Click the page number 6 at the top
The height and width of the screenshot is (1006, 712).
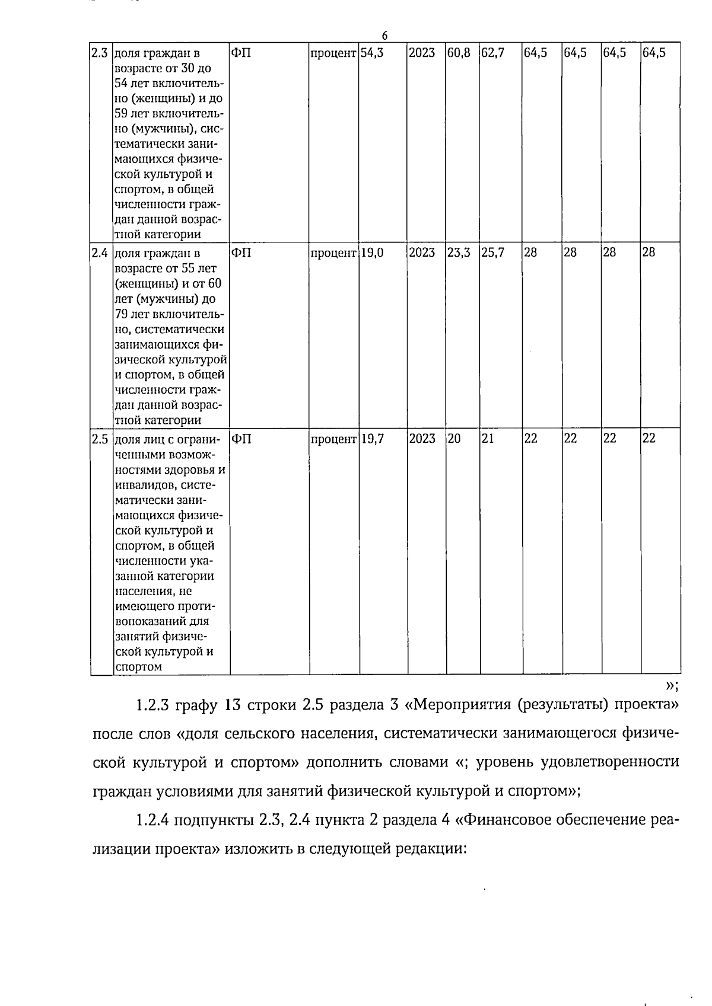coord(384,36)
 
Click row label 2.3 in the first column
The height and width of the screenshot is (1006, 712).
coord(98,52)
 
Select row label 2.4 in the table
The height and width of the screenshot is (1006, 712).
coord(98,253)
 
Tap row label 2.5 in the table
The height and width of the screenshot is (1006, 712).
coord(98,439)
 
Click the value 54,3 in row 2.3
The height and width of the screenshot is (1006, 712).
coord(372,52)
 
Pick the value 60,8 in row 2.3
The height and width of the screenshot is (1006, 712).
coord(459,52)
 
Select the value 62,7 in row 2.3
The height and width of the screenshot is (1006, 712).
coord(492,52)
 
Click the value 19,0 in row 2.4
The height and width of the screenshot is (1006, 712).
coord(372,253)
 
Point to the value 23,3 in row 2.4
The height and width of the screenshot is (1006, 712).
coord(459,253)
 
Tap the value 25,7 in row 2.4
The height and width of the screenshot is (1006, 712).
coord(492,253)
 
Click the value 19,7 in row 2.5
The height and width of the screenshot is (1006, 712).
coord(372,439)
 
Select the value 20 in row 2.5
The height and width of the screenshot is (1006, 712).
coord(454,439)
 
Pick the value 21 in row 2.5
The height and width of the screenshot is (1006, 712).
coord(487,439)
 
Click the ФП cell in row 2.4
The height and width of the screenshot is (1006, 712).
coord(241,253)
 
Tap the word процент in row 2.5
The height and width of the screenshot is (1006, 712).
coord(333,439)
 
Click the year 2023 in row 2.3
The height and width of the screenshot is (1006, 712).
coord(422,52)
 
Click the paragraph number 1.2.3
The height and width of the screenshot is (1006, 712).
coord(153,705)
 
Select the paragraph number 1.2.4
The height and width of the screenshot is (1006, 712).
coord(153,820)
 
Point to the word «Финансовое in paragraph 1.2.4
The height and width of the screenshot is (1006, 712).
coord(504,820)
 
